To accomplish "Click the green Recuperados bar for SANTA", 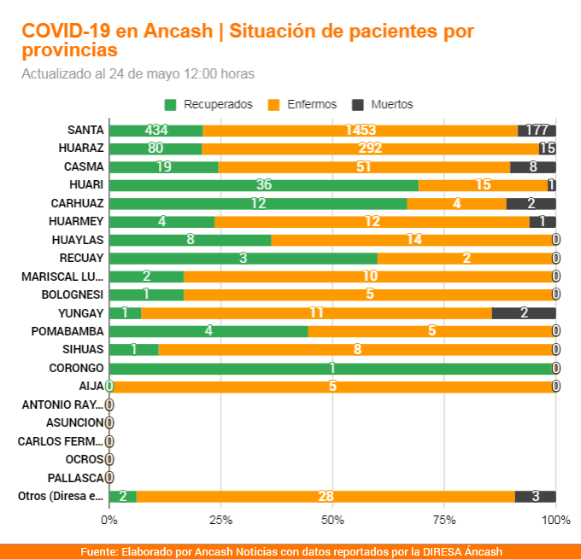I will (156, 131).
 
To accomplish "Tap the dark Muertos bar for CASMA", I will (533, 167).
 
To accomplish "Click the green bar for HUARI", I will (264, 185).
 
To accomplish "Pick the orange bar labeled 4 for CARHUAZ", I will (456, 204).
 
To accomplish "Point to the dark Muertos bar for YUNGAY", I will (524, 313).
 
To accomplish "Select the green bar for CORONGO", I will (332, 368).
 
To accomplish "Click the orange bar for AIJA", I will (332, 387).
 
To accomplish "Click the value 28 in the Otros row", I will (325, 497).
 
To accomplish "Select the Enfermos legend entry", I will (302, 105).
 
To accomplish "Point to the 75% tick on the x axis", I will (444, 519).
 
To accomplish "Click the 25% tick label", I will (220, 519).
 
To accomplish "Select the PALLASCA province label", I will (75, 478).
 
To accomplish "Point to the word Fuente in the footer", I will (100, 551).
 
